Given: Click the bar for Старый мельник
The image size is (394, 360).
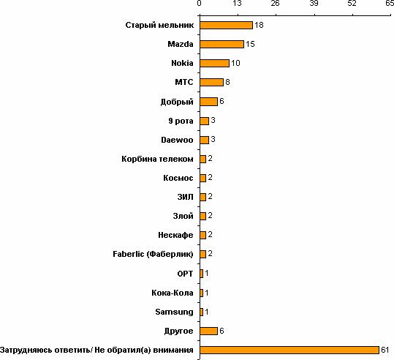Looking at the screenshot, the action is point(226,25).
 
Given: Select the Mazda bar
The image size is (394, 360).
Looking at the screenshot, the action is point(222,45).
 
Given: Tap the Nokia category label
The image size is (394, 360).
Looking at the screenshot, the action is point(182,63).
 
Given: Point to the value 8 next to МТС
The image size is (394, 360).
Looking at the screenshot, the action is point(227,82).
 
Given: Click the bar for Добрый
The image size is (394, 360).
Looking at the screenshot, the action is point(208,102).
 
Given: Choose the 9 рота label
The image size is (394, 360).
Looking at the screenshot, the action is point(181,121).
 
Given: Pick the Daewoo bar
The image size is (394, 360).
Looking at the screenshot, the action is point(204,140).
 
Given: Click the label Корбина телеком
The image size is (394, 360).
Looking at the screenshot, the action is point(158,159).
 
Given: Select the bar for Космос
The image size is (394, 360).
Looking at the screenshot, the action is point(202,178).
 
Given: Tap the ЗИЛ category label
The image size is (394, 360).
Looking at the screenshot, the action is point(186,197).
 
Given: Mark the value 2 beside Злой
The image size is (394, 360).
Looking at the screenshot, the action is point(210,216).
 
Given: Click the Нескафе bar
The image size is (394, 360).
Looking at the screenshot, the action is point(202,235).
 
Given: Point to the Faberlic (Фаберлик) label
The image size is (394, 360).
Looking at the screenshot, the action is point(153,254).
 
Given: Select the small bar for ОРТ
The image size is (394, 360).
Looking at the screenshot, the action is point(201,274).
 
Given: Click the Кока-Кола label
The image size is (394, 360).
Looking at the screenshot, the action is point(173,293).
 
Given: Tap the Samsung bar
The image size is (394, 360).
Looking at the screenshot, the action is point(201,312).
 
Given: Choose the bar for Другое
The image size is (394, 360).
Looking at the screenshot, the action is point(208,331).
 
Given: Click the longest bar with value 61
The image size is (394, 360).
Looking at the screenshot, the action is point(289,350).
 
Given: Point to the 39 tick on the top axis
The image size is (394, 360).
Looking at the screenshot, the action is point(314,3).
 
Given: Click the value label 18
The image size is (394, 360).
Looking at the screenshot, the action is point(259,25).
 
